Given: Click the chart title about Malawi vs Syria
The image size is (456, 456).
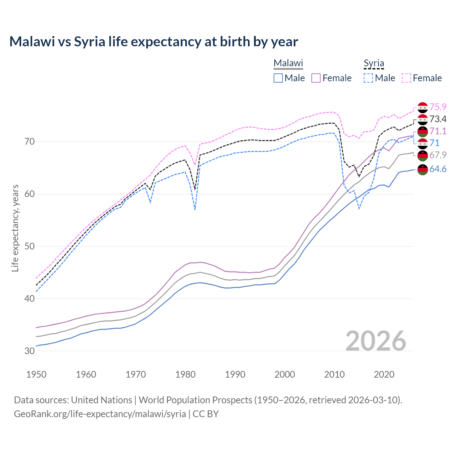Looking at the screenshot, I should click(x=154, y=42).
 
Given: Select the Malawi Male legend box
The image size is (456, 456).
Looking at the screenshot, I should click(x=278, y=78).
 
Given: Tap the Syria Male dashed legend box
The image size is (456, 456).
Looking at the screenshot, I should click(x=368, y=78).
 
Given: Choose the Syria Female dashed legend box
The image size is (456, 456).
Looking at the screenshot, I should click(x=406, y=78).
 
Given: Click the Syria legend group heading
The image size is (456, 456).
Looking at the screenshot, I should click(x=374, y=63).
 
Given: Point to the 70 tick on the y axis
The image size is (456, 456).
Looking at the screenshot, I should click(x=30, y=142).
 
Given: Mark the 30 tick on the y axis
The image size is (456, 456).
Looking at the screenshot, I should click(x=30, y=351).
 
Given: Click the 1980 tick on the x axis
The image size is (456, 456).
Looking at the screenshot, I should click(x=185, y=374).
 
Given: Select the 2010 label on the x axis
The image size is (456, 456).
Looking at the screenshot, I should click(x=334, y=374).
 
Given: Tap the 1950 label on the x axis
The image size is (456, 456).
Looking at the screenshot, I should click(x=36, y=374).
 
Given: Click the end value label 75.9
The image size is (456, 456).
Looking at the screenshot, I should click(x=438, y=107).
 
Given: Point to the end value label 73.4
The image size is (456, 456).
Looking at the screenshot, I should click(x=438, y=119).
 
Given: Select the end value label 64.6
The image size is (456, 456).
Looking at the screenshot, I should click(x=438, y=169).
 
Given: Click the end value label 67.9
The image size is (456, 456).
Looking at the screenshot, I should click(x=438, y=155).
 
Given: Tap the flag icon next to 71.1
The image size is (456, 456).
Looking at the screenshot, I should click(x=423, y=131).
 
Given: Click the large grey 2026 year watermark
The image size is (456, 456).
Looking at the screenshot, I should click(x=375, y=341).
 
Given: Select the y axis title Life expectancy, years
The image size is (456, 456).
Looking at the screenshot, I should click(x=15, y=228).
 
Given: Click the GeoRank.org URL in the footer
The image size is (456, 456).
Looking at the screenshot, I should click(x=100, y=414).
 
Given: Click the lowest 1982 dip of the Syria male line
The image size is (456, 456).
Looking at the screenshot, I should click(x=195, y=209).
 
